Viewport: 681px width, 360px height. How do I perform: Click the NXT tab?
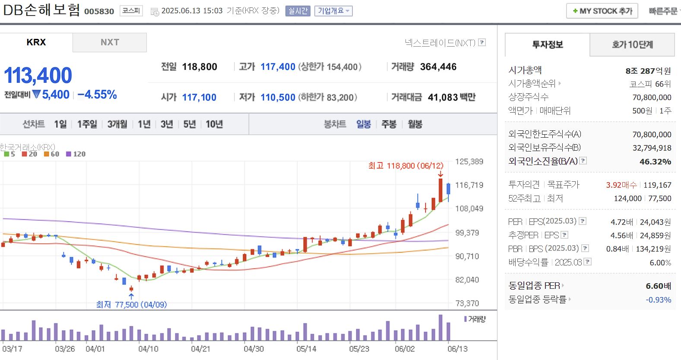pyautogui.click(x=110, y=42)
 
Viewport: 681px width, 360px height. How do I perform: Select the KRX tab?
pyautogui.click(x=36, y=42)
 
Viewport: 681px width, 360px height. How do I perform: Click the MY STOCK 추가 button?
pyautogui.click(x=602, y=11)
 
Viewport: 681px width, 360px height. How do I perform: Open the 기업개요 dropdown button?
pyautogui.click(x=333, y=11)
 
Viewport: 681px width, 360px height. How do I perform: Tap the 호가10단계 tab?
pyautogui.click(x=632, y=44)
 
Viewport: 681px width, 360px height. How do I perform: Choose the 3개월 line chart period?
pyautogui.click(x=117, y=124)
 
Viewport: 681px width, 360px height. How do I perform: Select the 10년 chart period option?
pyautogui.click(x=214, y=124)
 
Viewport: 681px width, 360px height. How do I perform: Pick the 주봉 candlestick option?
pyautogui.click(x=389, y=124)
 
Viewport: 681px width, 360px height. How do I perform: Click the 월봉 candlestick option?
pyautogui.click(x=415, y=124)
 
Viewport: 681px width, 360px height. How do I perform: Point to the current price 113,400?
pyautogui.click(x=38, y=76)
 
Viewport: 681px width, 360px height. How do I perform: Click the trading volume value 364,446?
pyautogui.click(x=438, y=67)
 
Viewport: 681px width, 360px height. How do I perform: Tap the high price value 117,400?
pyautogui.click(x=278, y=67)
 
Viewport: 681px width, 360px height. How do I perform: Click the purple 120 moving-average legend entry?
pyautogui.click(x=76, y=154)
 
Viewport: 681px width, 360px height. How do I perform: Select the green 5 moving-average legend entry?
pyautogui.click(x=10, y=154)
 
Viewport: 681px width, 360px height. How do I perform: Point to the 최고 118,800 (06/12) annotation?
pyautogui.click(x=405, y=166)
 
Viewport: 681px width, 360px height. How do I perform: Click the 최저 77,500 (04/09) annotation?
pyautogui.click(x=131, y=304)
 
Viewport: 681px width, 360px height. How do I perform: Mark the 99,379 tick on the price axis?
pyautogui.click(x=467, y=233)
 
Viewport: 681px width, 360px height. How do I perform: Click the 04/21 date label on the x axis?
pyautogui.click(x=200, y=349)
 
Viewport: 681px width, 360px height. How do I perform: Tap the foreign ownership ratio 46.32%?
pyautogui.click(x=655, y=161)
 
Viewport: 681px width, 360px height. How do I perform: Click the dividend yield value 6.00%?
pyautogui.click(x=660, y=262)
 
